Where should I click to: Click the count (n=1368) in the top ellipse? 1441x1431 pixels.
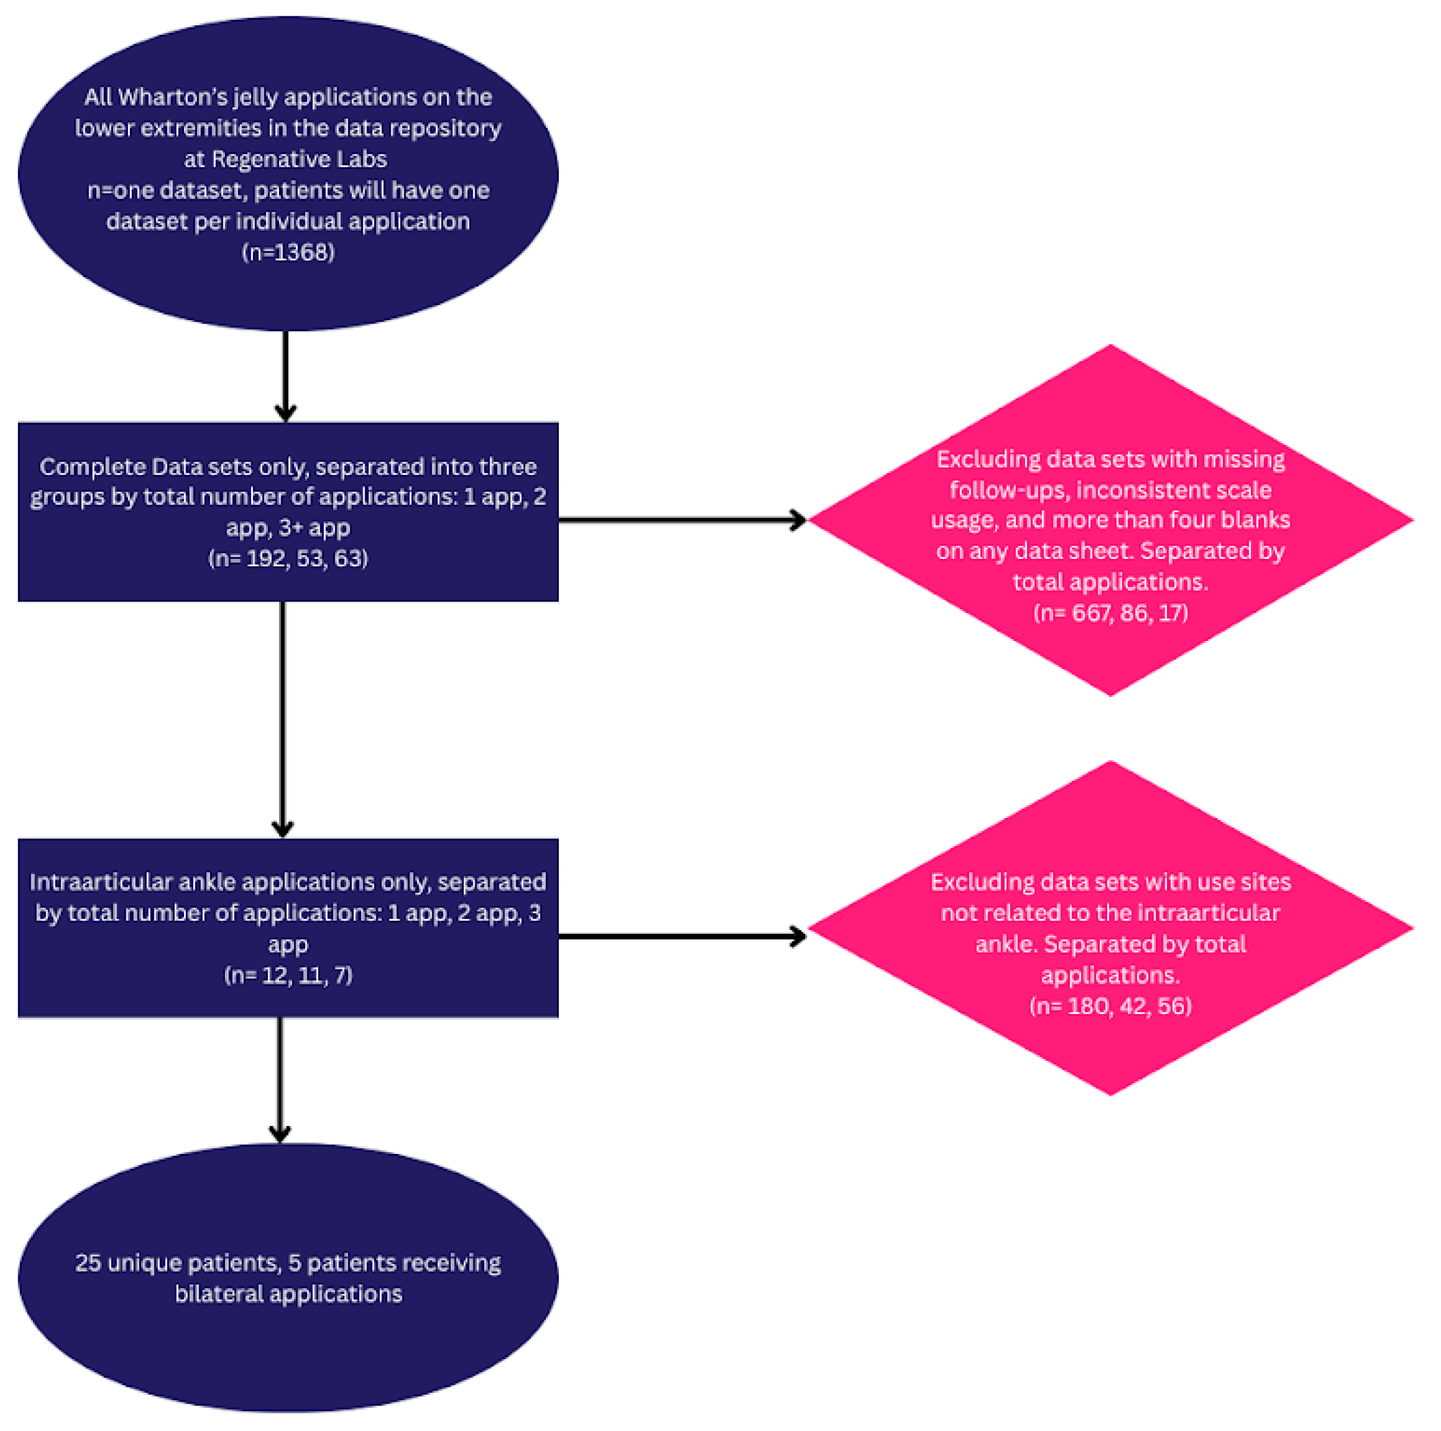(x=288, y=252)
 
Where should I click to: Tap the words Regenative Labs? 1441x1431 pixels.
(x=299, y=159)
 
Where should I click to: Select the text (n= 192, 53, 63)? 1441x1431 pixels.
(x=288, y=558)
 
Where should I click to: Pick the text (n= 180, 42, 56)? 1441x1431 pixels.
(x=1110, y=1006)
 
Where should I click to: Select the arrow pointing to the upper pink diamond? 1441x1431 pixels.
(x=682, y=519)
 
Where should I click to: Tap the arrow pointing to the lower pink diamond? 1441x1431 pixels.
(x=682, y=936)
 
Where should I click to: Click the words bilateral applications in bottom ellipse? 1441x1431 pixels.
(x=288, y=1294)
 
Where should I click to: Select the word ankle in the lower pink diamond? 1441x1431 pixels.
(x=1005, y=944)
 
